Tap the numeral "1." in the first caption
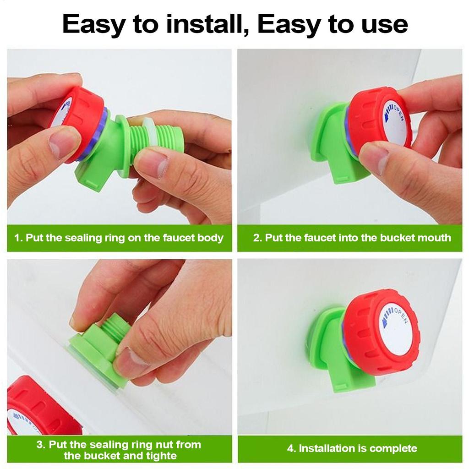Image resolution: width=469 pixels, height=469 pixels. [18, 238]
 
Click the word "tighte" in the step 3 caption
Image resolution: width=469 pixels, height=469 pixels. [161, 456]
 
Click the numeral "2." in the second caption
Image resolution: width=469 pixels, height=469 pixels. [257, 238]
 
